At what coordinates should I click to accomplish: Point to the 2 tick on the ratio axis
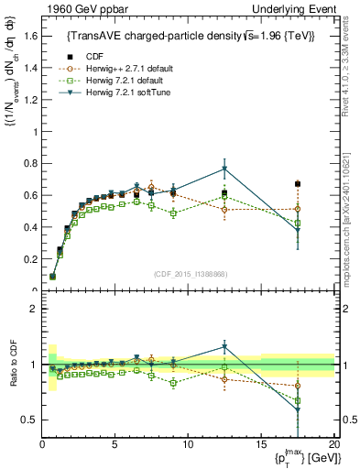(x=30, y=309)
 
